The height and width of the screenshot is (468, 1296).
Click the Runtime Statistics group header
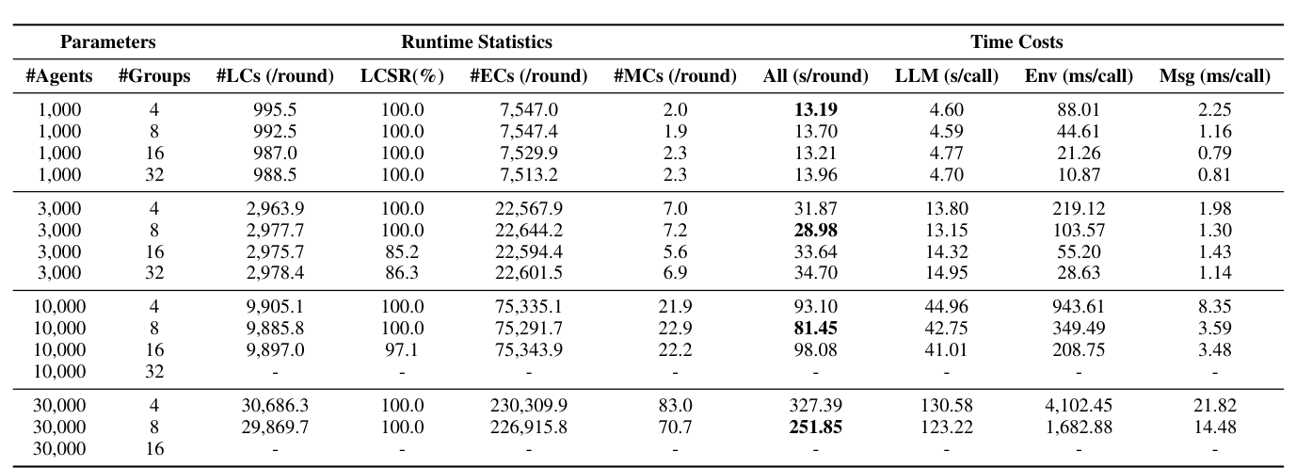click(x=476, y=41)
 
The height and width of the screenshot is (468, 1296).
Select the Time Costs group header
click(x=1016, y=41)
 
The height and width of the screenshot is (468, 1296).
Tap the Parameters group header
click(x=107, y=41)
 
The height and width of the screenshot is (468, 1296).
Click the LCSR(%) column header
click(x=402, y=76)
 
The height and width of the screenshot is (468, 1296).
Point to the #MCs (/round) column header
click(x=674, y=76)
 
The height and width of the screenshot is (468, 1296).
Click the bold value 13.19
click(x=814, y=109)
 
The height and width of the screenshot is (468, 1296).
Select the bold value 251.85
click(x=814, y=428)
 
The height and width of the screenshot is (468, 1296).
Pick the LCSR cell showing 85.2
click(x=402, y=251)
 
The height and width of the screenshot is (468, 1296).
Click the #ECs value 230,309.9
click(x=528, y=406)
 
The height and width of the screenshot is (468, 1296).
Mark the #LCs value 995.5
click(x=275, y=109)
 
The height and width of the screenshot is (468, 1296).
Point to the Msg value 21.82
click(x=1215, y=406)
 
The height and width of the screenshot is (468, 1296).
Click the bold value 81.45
click(x=814, y=328)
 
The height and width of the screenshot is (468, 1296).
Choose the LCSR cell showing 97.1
click(x=402, y=349)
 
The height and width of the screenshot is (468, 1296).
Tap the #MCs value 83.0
click(x=674, y=406)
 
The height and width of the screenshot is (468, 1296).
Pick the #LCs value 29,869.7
click(x=275, y=428)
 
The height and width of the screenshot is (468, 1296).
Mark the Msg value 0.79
click(x=1215, y=153)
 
